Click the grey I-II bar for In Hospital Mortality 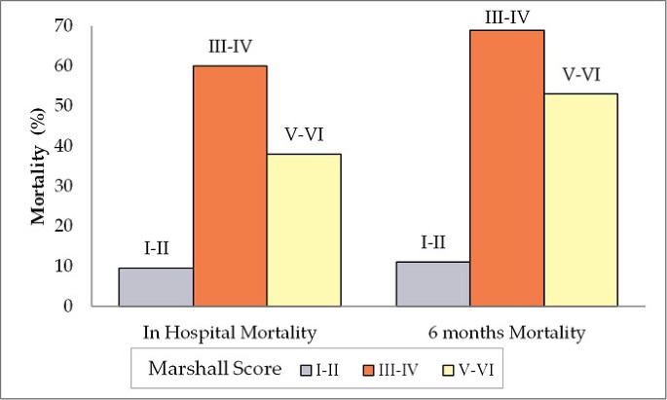[x=155, y=286]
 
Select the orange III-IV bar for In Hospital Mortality [x=230, y=186]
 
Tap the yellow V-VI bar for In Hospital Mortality [x=304, y=230]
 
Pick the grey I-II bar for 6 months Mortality [x=432, y=283]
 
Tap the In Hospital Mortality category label [x=230, y=333]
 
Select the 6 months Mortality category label [x=506, y=333]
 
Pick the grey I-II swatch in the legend [x=307, y=370]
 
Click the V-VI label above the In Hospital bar [x=304, y=135]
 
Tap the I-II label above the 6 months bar [x=432, y=242]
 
